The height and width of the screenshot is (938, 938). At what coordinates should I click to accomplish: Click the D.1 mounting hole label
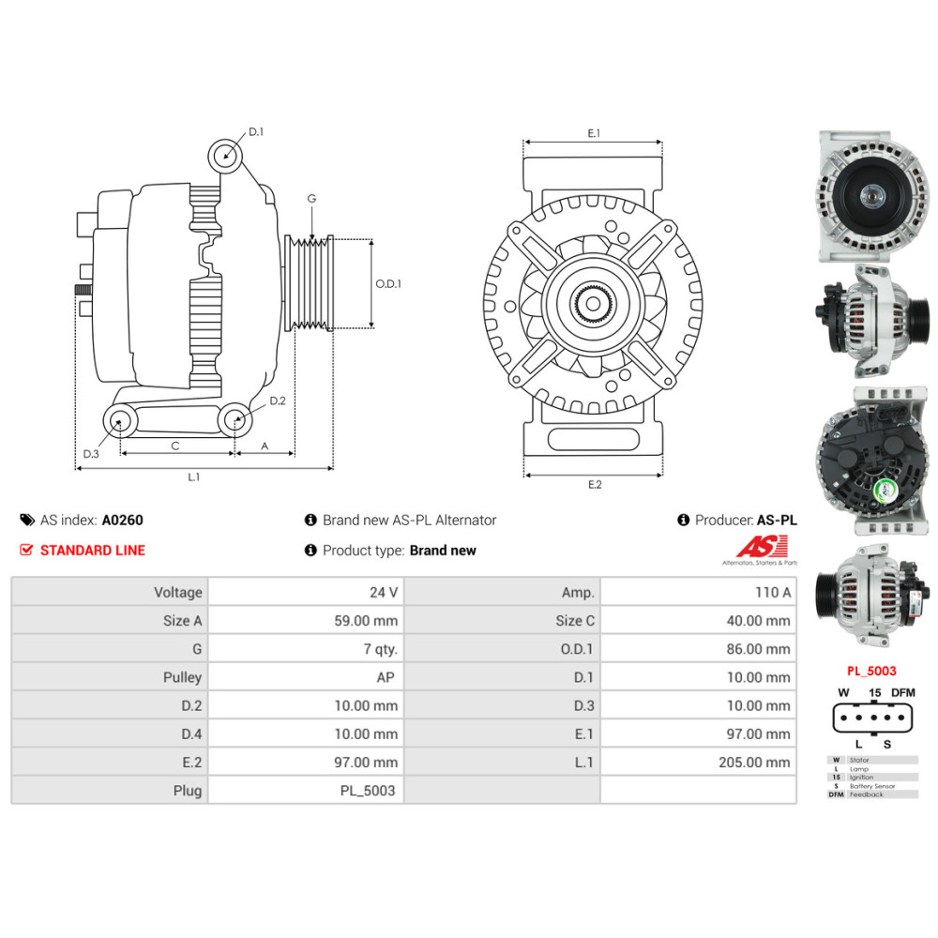point(256,132)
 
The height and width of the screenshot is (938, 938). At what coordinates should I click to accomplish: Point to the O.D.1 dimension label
point(388,283)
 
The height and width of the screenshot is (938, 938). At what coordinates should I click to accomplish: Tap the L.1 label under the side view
point(193,477)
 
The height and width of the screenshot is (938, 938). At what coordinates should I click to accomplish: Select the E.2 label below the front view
point(595,484)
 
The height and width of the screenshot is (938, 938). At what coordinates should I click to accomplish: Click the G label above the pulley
point(311,199)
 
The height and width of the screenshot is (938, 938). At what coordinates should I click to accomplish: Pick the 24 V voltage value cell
point(384,592)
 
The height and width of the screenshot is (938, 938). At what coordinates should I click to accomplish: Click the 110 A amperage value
point(773,592)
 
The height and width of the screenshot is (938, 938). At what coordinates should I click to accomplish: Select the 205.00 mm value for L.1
point(754,763)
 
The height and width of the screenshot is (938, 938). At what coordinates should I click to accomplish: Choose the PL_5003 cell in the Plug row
point(367,791)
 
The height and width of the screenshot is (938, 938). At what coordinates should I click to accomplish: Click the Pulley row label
point(182,677)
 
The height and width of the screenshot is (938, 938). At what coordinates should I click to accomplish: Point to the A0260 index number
point(122,520)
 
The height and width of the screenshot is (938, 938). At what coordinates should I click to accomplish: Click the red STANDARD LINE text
point(92,551)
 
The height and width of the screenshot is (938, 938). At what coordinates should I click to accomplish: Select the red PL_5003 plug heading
point(871,671)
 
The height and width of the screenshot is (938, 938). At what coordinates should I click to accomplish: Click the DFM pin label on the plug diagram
point(902,692)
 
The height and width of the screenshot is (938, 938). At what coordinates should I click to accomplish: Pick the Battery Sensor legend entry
point(871,786)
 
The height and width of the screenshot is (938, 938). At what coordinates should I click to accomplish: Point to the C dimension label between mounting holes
point(175,446)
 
